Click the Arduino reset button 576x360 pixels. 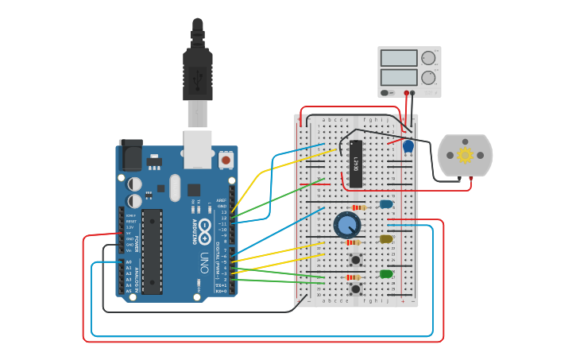226,161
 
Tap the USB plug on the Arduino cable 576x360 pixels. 198,75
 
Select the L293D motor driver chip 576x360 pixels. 356,164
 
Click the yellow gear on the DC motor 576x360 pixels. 466,155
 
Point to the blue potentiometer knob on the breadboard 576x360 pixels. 346,225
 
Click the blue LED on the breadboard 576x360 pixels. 386,204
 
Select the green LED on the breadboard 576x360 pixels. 386,274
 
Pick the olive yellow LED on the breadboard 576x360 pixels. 386,239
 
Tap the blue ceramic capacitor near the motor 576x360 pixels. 408,146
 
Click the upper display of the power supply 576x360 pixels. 399,58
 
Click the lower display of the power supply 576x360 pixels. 399,77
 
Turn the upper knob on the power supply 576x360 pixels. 428,58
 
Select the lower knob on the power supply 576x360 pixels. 428,77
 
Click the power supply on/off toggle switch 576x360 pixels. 387,93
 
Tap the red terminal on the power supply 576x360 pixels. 406,93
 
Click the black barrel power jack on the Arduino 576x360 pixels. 130,156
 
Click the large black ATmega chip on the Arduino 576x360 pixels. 152,251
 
